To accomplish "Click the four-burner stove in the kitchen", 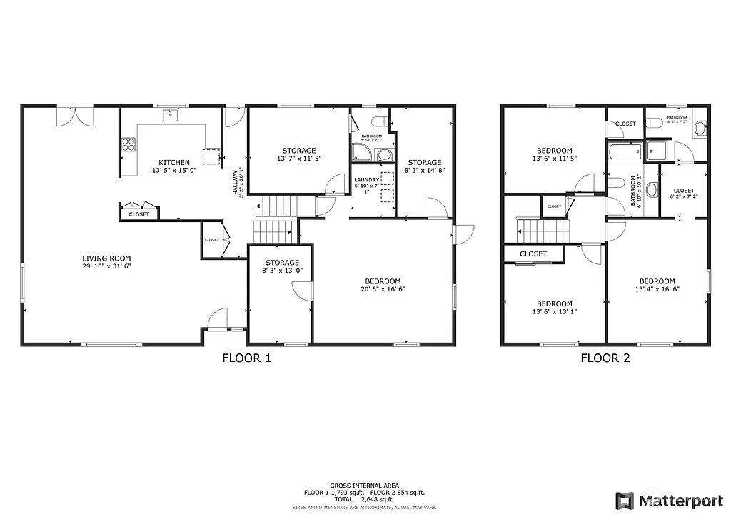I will [x=128, y=146].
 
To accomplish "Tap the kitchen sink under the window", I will [x=171, y=114].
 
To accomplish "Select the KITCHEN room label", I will [x=174, y=163].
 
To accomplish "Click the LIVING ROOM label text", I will [x=106, y=258].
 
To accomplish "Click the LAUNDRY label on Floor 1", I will [x=366, y=180].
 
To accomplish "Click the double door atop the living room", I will [x=75, y=116].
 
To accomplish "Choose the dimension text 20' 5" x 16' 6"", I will [x=380, y=290].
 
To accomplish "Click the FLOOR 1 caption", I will [x=247, y=358].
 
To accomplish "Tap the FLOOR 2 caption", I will [x=605, y=358].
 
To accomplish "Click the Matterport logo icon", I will [x=625, y=500].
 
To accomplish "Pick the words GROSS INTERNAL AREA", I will [x=364, y=485].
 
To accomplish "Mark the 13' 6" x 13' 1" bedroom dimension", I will [x=555, y=312].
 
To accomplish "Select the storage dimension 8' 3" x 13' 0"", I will [x=282, y=271].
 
